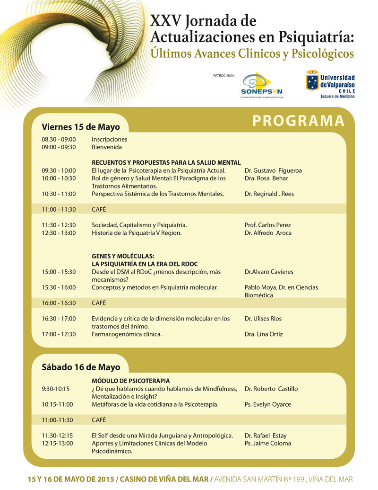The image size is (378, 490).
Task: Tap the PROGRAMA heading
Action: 298,121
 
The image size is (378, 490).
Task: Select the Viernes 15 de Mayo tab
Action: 81,127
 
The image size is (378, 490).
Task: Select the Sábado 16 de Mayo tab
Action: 81,367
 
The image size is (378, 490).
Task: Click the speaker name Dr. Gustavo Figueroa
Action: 273,170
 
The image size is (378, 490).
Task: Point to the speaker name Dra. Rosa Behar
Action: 266,178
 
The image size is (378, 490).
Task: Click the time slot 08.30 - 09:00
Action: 59,140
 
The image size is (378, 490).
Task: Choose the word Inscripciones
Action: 110,140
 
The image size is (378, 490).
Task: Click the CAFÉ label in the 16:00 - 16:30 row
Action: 99,303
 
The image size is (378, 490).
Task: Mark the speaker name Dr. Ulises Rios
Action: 263,319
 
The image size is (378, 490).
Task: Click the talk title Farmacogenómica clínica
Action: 127,334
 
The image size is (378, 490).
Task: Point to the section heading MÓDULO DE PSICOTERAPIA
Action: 130,381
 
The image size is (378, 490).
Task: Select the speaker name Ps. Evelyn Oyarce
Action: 268,404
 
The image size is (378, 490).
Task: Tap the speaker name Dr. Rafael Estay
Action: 266,436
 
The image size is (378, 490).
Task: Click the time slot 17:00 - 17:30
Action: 59,334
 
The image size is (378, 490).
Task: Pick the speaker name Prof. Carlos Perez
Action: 268,225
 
